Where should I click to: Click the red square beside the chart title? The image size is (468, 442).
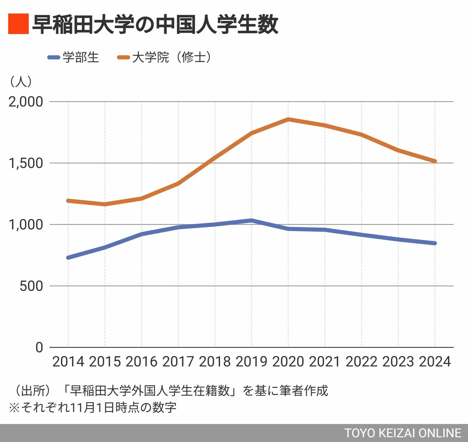pyautogui.click(x=18, y=24)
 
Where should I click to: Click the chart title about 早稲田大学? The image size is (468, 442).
pyautogui.click(x=155, y=25)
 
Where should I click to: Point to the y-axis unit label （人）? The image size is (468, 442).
pyautogui.click(x=20, y=82)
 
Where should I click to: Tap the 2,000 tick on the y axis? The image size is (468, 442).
pyautogui.click(x=26, y=102)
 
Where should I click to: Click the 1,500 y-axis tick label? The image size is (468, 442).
pyautogui.click(x=26, y=163)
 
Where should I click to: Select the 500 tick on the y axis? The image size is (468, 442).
pyautogui.click(x=31, y=286)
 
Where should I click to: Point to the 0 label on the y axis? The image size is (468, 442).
pyautogui.click(x=39, y=347)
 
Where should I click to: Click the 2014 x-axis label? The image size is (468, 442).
pyautogui.click(x=68, y=362)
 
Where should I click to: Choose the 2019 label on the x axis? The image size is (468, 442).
pyautogui.click(x=251, y=362)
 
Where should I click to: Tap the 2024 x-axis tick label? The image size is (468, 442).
pyautogui.click(x=435, y=362)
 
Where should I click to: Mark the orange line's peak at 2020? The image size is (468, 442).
pyautogui.click(x=288, y=119)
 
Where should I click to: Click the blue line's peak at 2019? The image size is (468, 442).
pyautogui.click(x=251, y=220)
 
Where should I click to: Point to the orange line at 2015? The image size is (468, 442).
pyautogui.click(x=105, y=204)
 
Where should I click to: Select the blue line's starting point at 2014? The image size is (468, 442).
pyautogui.click(x=68, y=258)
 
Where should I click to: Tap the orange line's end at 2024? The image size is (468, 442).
pyautogui.click(x=435, y=161)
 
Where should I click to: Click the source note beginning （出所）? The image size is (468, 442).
pyautogui.click(x=168, y=390)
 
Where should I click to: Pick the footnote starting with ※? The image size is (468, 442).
pyautogui.click(x=92, y=408)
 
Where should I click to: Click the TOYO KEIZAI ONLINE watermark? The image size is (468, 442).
pyautogui.click(x=403, y=433)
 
